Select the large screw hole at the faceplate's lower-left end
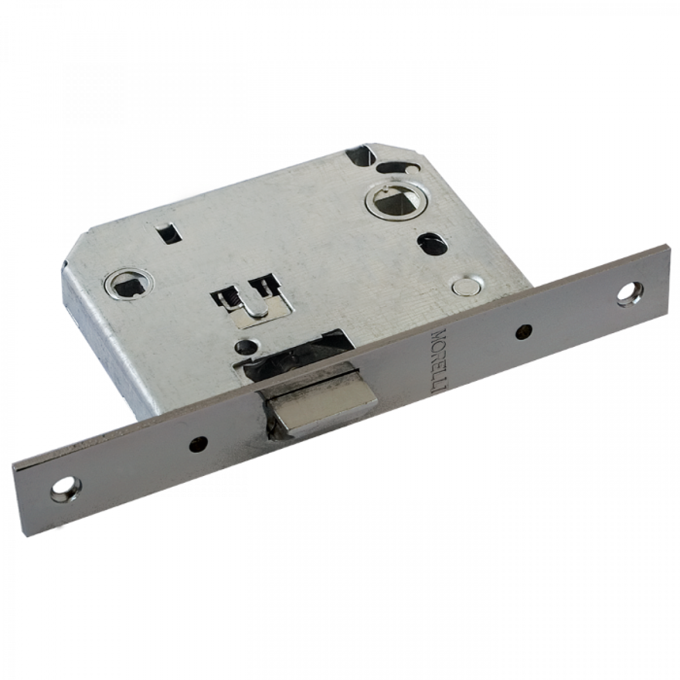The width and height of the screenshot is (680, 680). pyautogui.click(x=66, y=487)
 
